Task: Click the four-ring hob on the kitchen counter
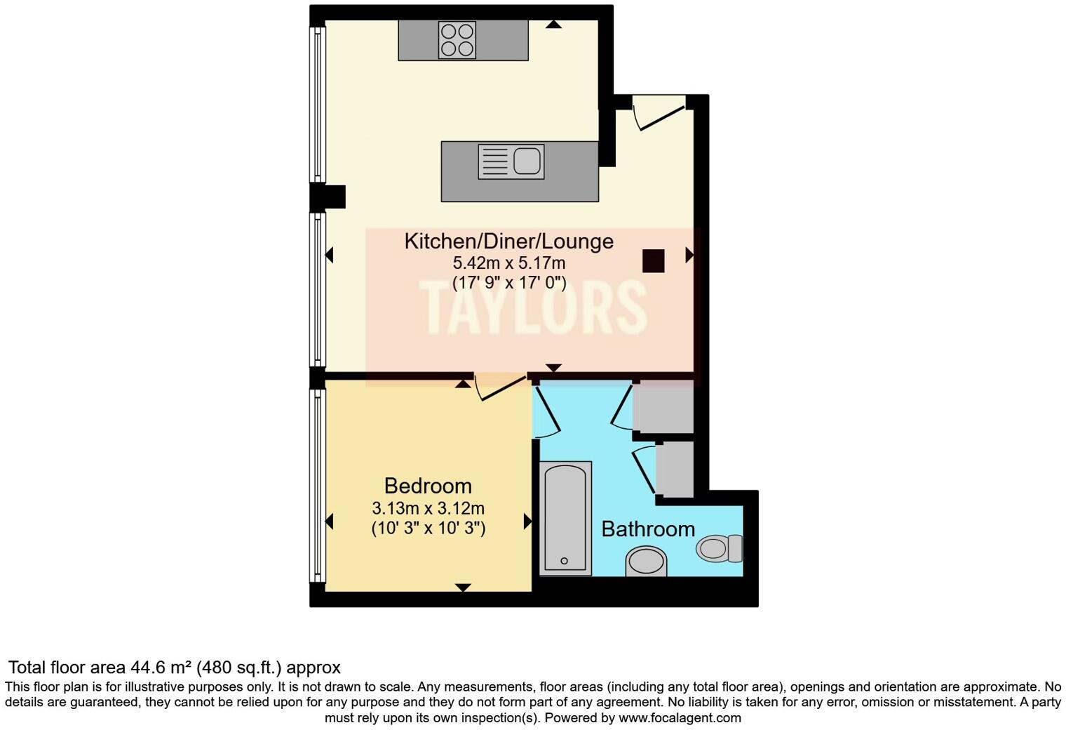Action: (457, 39)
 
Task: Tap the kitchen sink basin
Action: (527, 161)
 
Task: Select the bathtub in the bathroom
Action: (565, 518)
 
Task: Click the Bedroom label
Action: (428, 486)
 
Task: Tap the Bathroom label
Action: (648, 529)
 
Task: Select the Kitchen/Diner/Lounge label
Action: (508, 241)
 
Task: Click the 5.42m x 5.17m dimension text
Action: (508, 263)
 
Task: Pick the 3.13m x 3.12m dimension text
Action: (428, 508)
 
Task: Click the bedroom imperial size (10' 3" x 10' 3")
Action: (428, 528)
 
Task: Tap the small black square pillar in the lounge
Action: (653, 261)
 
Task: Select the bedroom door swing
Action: (501, 387)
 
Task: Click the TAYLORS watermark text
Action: (533, 307)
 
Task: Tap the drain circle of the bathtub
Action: (565, 561)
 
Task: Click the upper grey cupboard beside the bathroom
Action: (663, 408)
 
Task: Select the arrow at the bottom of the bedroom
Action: (463, 588)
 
